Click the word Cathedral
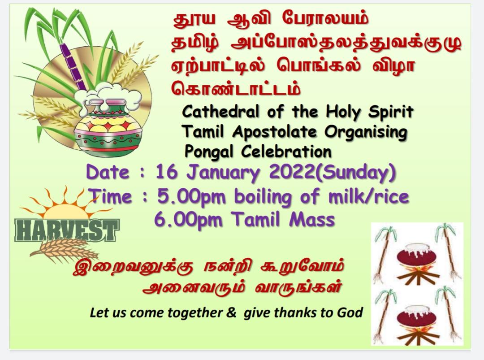pyautogui.click(x=220, y=112)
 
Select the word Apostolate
pyautogui.click(x=275, y=132)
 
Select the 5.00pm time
pyautogui.click(x=191, y=197)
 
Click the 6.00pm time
pyautogui.click(x=188, y=220)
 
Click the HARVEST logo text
pyautogui.click(x=67, y=230)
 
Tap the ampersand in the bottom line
pyautogui.click(x=231, y=312)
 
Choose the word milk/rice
pyautogui.click(x=369, y=197)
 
